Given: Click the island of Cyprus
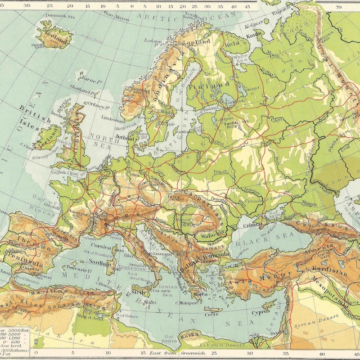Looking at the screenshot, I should pos(260,312).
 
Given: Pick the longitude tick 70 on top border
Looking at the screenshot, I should pos(338,7).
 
